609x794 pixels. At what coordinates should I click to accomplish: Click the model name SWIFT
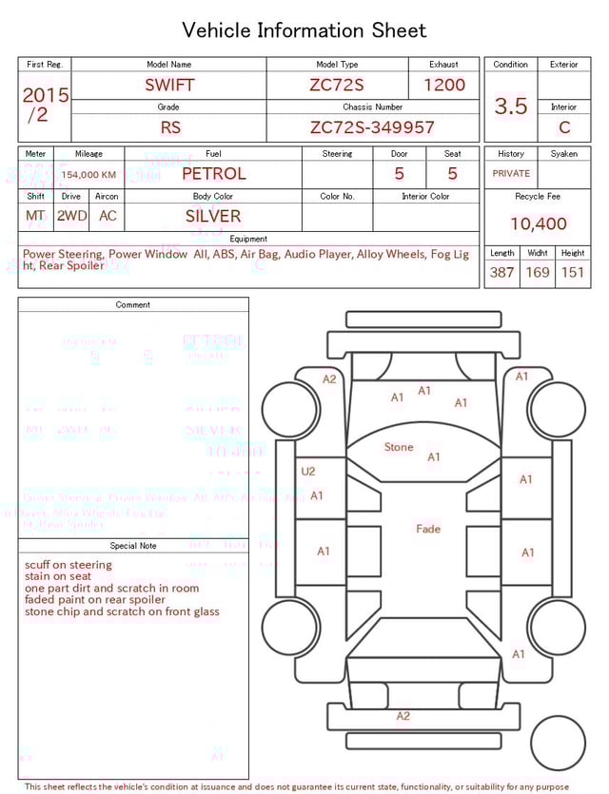coord(169,85)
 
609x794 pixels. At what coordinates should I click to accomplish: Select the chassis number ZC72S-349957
coord(372,127)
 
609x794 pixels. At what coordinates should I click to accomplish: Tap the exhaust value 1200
coord(444,85)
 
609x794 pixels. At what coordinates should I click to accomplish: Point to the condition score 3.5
coord(511,107)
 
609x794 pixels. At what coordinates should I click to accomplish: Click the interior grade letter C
coord(564,127)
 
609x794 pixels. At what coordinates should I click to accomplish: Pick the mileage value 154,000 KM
coord(88,175)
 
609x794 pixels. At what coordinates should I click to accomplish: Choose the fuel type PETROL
coord(213,174)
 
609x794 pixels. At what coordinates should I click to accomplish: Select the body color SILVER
coord(213,216)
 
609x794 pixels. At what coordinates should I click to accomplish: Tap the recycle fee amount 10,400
coord(538,223)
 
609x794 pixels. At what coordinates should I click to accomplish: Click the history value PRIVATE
coord(511,174)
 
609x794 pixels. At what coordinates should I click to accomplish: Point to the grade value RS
coord(169,127)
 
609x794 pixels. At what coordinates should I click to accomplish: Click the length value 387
coord(501,273)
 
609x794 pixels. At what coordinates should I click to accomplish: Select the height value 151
coord(573,273)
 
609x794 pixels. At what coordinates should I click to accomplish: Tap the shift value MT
coord(35,216)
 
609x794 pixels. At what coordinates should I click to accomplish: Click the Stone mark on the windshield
coord(399,447)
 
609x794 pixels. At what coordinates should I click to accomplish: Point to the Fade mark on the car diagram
coord(428,529)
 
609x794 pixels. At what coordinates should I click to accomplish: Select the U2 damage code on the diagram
coord(307,471)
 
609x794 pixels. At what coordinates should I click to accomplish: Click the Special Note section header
coord(133,546)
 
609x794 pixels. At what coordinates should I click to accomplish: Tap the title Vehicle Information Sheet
coord(304,30)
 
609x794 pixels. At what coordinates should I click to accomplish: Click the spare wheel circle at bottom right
coord(558,743)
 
